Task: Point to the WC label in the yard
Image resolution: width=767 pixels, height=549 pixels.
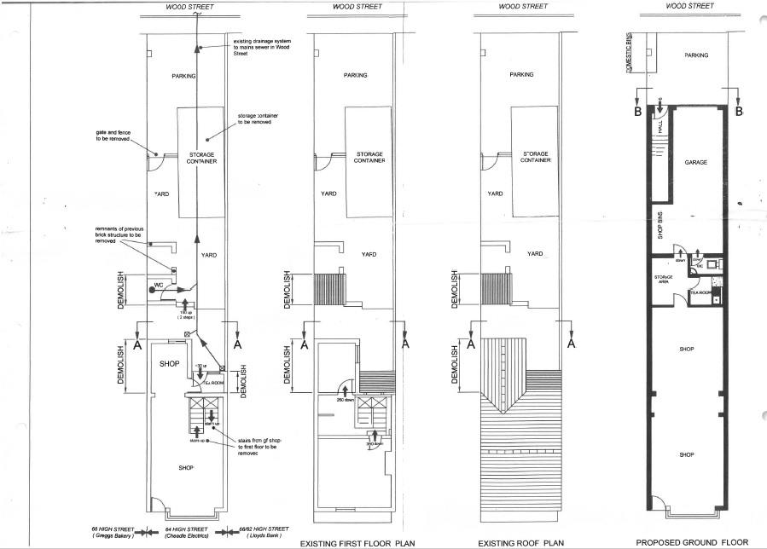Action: coord(158,283)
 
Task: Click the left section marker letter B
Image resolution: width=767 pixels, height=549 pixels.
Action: coord(636,112)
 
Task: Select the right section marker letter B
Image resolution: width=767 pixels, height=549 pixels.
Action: coord(739,112)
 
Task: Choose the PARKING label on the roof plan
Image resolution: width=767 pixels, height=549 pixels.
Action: coord(521,75)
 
